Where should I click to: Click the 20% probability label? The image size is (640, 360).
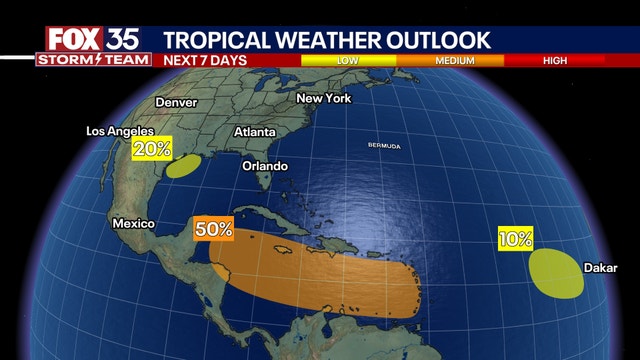tap(152, 149)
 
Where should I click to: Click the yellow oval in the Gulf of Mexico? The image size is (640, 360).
tap(182, 166)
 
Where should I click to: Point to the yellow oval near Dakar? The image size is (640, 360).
tap(555, 273)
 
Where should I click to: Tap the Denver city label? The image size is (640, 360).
tap(176, 102)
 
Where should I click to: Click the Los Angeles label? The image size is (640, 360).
tap(119, 131)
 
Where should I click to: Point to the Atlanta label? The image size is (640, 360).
tap(255, 132)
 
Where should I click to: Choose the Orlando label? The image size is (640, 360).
tap(264, 165)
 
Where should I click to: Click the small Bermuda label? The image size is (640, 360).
tap(386, 147)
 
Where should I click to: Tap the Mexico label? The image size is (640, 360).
tap(132, 222)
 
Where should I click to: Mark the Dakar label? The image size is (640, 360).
tap(602, 267)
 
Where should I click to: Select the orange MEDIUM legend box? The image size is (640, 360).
tap(455, 60)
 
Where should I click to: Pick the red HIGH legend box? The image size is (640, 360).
tap(556, 60)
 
